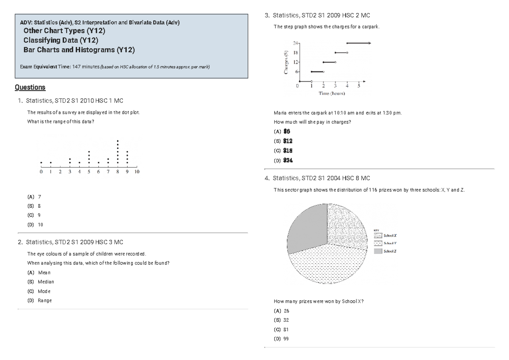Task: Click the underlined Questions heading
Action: pos(30,87)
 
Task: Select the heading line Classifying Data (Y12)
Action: pos(61,40)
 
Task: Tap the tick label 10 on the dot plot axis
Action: pos(137,172)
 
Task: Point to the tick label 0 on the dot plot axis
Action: pos(41,172)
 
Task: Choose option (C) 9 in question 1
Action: pos(34,215)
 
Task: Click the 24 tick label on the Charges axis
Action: pos(295,43)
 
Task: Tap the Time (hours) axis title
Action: pos(332,93)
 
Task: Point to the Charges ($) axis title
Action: pos(286,62)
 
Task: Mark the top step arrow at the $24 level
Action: pos(358,43)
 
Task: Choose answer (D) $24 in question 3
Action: pos(284,161)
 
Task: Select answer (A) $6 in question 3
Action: pos(282,131)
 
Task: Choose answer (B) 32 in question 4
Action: pos(282,320)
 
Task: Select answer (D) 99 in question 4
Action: pos(282,339)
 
